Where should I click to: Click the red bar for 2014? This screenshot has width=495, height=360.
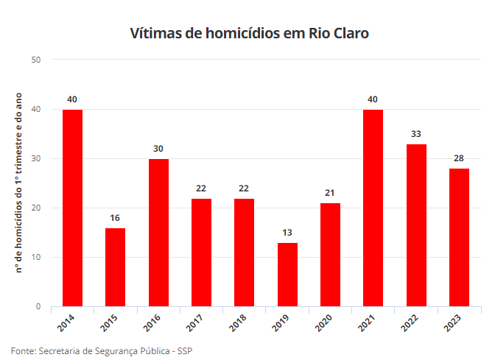[x=72, y=208]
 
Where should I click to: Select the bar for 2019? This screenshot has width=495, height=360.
[x=287, y=275]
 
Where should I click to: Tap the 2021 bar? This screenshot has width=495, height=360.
[x=373, y=208]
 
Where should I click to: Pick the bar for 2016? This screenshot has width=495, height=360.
[x=158, y=233]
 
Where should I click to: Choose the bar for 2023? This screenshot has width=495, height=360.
[x=459, y=237]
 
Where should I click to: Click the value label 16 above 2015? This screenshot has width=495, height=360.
[x=115, y=218]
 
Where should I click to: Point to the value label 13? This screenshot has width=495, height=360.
[x=287, y=233]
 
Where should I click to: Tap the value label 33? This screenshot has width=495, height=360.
[x=416, y=134]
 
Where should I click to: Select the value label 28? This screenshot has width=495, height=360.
[x=459, y=158]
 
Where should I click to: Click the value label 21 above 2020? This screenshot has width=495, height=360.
[x=330, y=193]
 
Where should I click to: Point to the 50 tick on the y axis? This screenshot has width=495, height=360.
[x=36, y=60]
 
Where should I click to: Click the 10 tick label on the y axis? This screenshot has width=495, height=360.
[x=36, y=257]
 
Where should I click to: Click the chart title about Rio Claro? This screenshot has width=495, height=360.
[x=249, y=33]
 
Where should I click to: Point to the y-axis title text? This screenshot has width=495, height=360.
[x=20, y=183]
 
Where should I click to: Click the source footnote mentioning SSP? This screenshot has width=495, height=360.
[x=102, y=350]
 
